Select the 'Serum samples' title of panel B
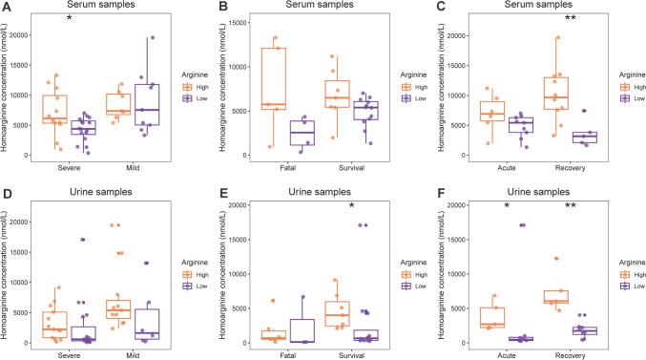pos(309,6)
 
